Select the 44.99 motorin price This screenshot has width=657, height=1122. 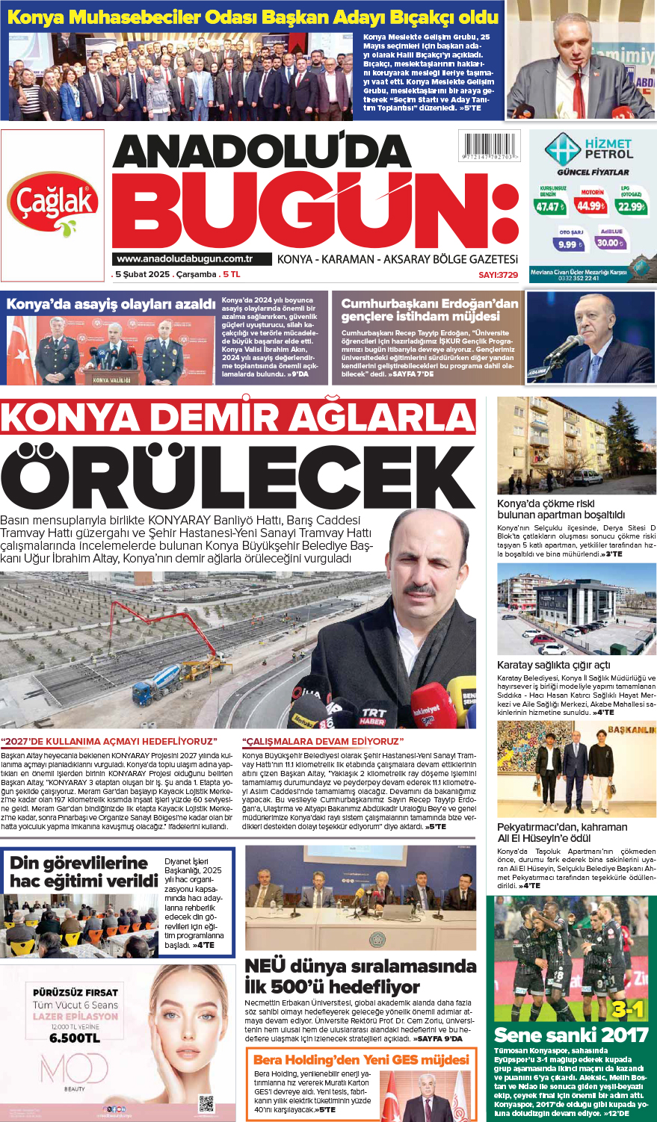(590, 205)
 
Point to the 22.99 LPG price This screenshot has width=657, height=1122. (631, 206)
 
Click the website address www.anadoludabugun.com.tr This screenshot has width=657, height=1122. (185, 259)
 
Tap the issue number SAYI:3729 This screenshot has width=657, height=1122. (498, 275)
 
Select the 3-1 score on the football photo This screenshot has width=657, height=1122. (627, 1010)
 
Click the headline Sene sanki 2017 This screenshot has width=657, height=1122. (570, 1035)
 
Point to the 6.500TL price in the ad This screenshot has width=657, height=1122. (75, 1038)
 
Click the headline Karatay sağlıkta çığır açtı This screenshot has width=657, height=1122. (553, 665)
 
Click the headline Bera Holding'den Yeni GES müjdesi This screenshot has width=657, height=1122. (361, 1059)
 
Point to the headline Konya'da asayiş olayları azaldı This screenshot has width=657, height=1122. (111, 304)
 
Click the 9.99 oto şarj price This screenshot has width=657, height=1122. (568, 244)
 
